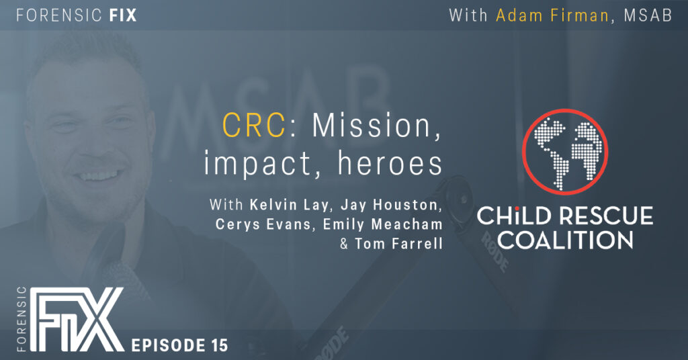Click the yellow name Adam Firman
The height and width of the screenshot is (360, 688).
click(552, 16)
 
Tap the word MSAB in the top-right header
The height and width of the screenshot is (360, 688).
click(648, 16)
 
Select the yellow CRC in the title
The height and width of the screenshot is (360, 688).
click(254, 126)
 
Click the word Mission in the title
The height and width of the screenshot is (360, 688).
click(376, 126)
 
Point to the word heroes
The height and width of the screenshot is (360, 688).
click(390, 164)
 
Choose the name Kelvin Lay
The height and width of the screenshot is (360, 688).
click(289, 205)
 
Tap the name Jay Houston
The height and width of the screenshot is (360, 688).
click(389, 205)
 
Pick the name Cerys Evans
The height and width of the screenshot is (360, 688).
click(263, 224)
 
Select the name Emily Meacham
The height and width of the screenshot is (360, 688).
click(382, 224)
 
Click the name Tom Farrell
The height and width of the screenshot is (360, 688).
click(398, 244)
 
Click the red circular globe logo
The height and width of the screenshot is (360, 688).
click(564, 152)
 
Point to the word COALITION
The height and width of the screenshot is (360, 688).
click(565, 240)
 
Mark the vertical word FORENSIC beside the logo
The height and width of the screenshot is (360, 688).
click(22, 319)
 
